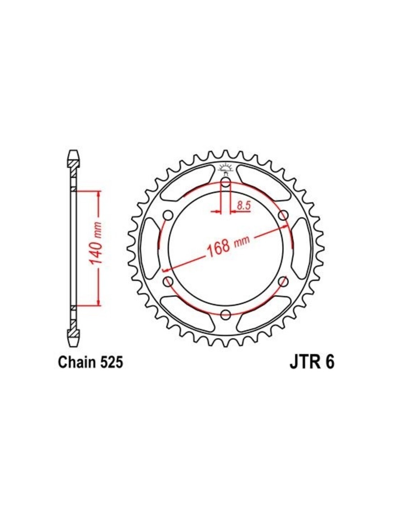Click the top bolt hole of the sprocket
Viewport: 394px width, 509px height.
pos(226,182)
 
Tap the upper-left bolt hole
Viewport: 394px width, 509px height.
pos(168,215)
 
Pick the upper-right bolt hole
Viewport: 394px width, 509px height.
pos(283,215)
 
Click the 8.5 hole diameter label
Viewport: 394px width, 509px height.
pos(244,205)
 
